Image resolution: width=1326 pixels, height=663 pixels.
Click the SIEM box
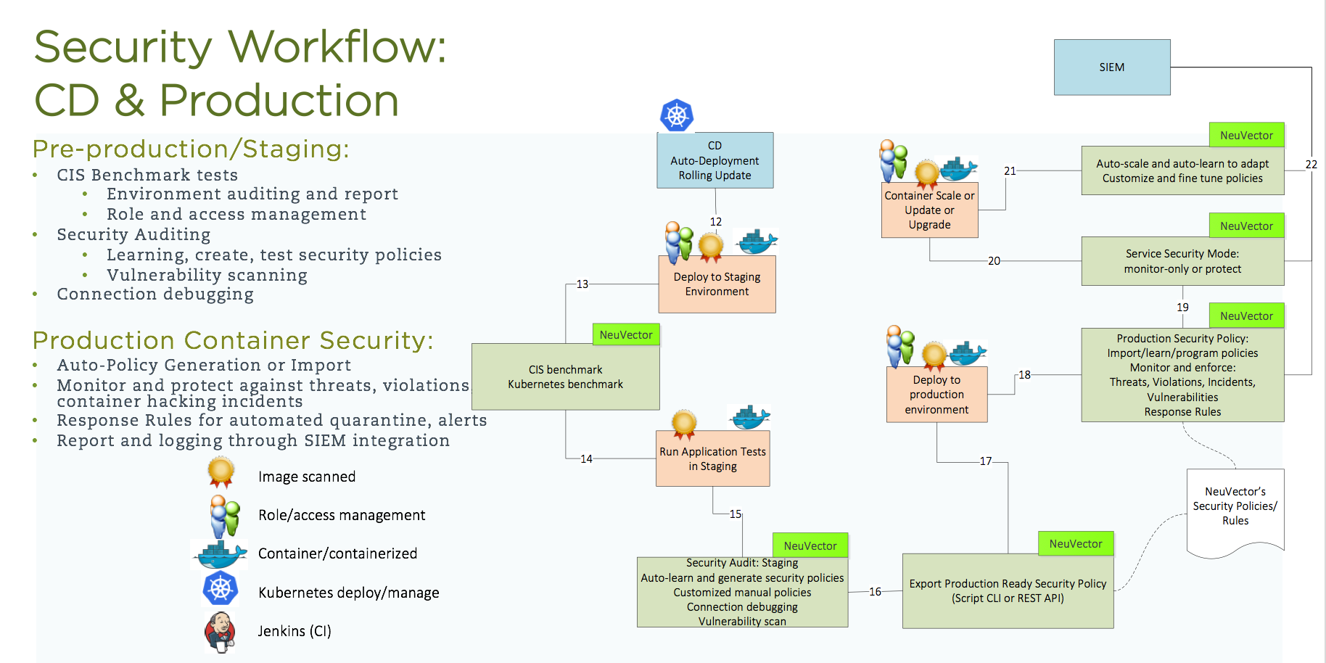1111,67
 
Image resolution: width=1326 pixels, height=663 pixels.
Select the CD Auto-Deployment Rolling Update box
715,160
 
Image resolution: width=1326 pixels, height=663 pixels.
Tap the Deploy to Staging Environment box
717,284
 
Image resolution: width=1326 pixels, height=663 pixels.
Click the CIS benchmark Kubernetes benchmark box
565,377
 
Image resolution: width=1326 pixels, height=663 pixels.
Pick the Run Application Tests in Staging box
712,458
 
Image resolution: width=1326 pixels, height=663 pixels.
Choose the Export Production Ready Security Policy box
1008,591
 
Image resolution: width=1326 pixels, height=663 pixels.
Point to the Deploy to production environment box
936,395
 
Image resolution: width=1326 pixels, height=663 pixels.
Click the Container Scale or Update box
929,210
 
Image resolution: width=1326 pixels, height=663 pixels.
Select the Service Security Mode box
1182,261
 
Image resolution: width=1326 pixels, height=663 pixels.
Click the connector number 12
716,222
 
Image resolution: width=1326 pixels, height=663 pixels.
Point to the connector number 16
876,592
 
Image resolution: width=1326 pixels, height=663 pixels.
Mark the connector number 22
1311,165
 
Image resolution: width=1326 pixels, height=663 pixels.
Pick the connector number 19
1182,308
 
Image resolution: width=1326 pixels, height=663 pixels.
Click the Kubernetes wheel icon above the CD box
677,115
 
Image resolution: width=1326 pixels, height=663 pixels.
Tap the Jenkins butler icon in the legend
220,631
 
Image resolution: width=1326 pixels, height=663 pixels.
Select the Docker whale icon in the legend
220,554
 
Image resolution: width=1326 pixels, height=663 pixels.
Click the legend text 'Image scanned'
307,477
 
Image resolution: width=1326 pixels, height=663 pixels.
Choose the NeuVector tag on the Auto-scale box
1246,136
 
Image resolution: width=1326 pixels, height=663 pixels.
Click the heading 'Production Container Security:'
233,340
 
